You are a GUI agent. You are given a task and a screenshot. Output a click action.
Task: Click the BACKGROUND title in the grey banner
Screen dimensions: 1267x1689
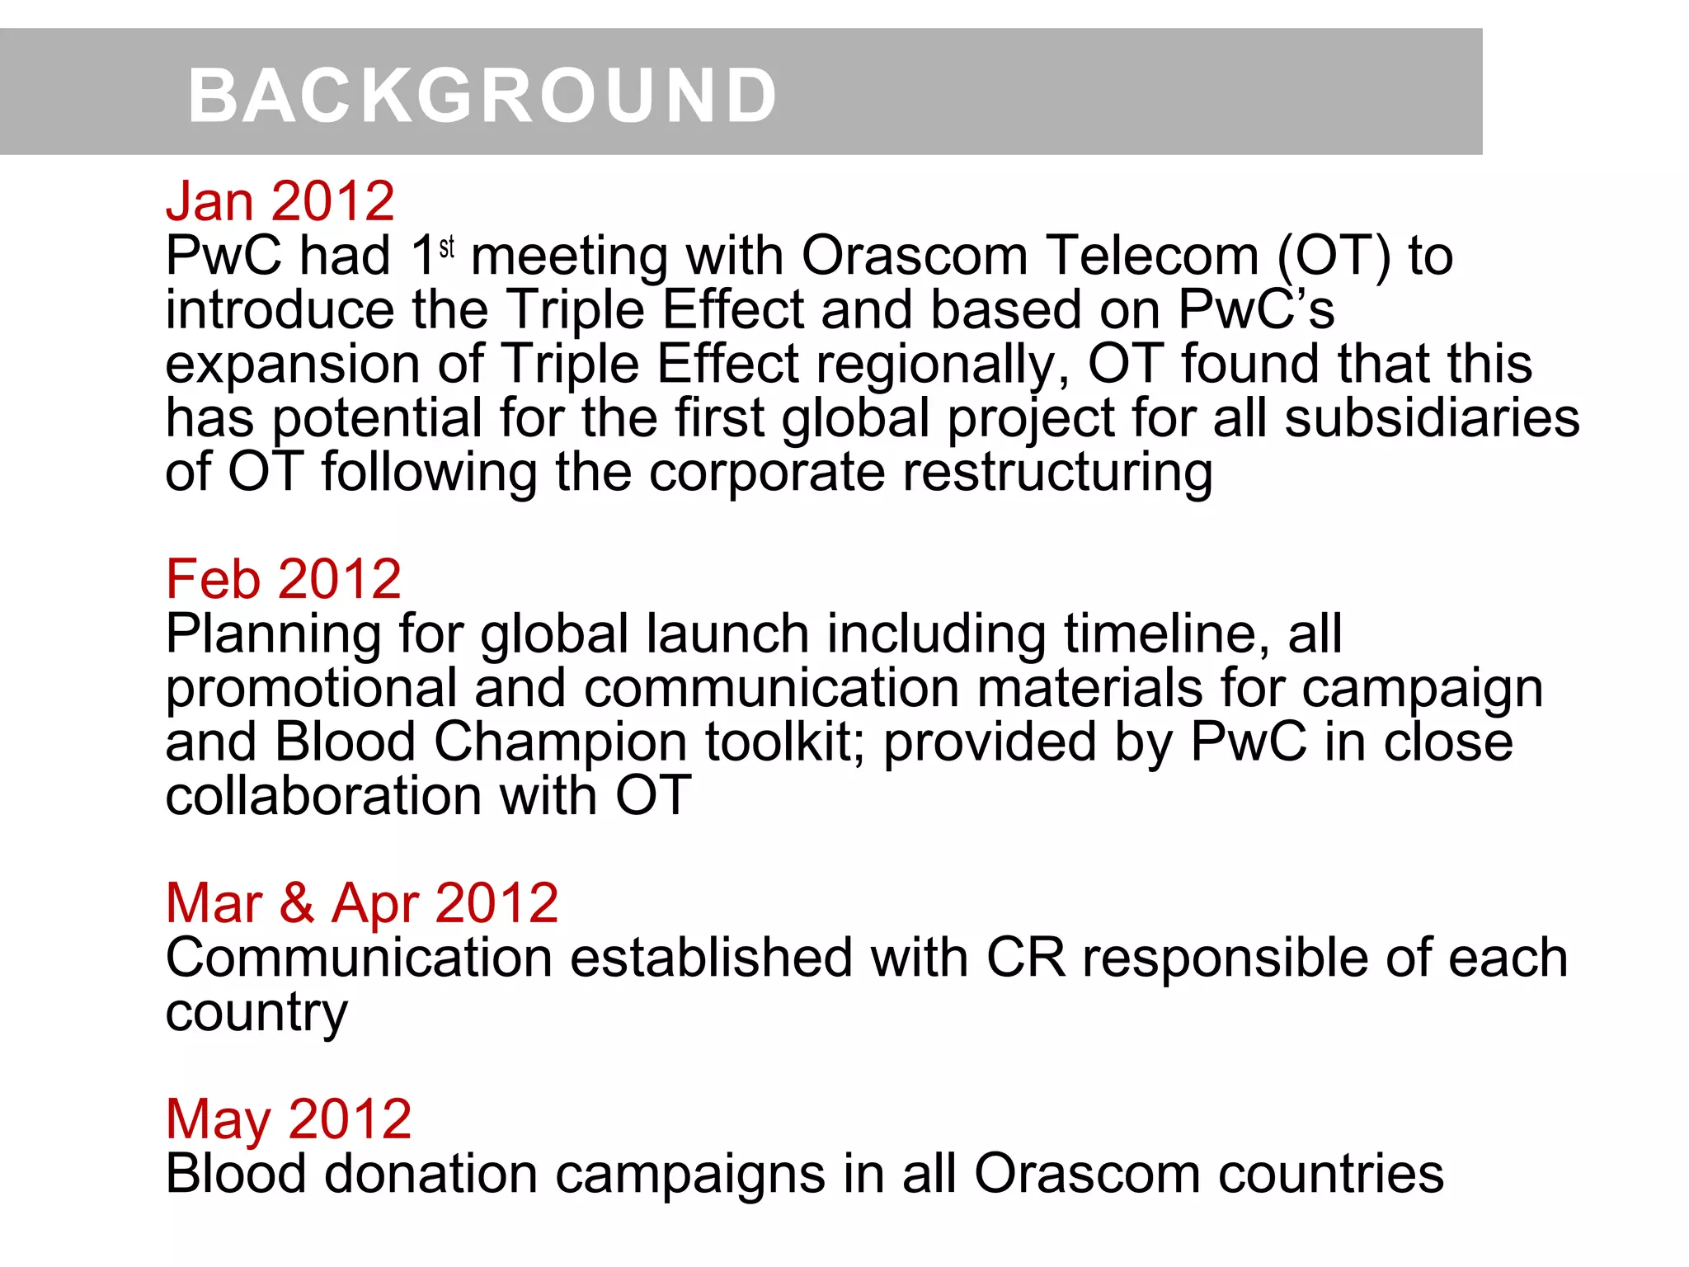[x=482, y=96]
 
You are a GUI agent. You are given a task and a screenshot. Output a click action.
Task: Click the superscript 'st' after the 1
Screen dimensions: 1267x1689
[x=447, y=247]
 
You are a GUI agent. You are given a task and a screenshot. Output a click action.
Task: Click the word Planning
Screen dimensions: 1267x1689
[x=273, y=635]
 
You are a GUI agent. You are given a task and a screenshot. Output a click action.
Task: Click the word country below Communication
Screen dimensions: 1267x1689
[x=256, y=1013]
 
